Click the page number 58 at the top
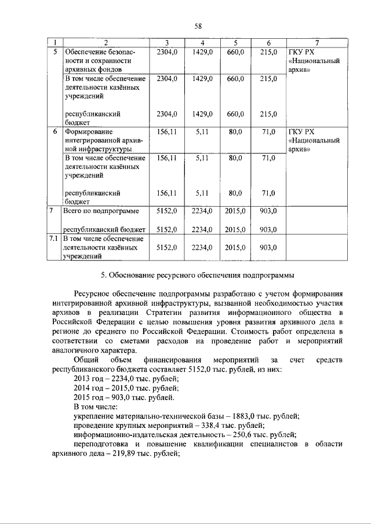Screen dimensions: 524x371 (x=198, y=27)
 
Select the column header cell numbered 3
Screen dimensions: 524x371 (x=166, y=43)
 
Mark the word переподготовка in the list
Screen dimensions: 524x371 (x=103, y=444)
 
